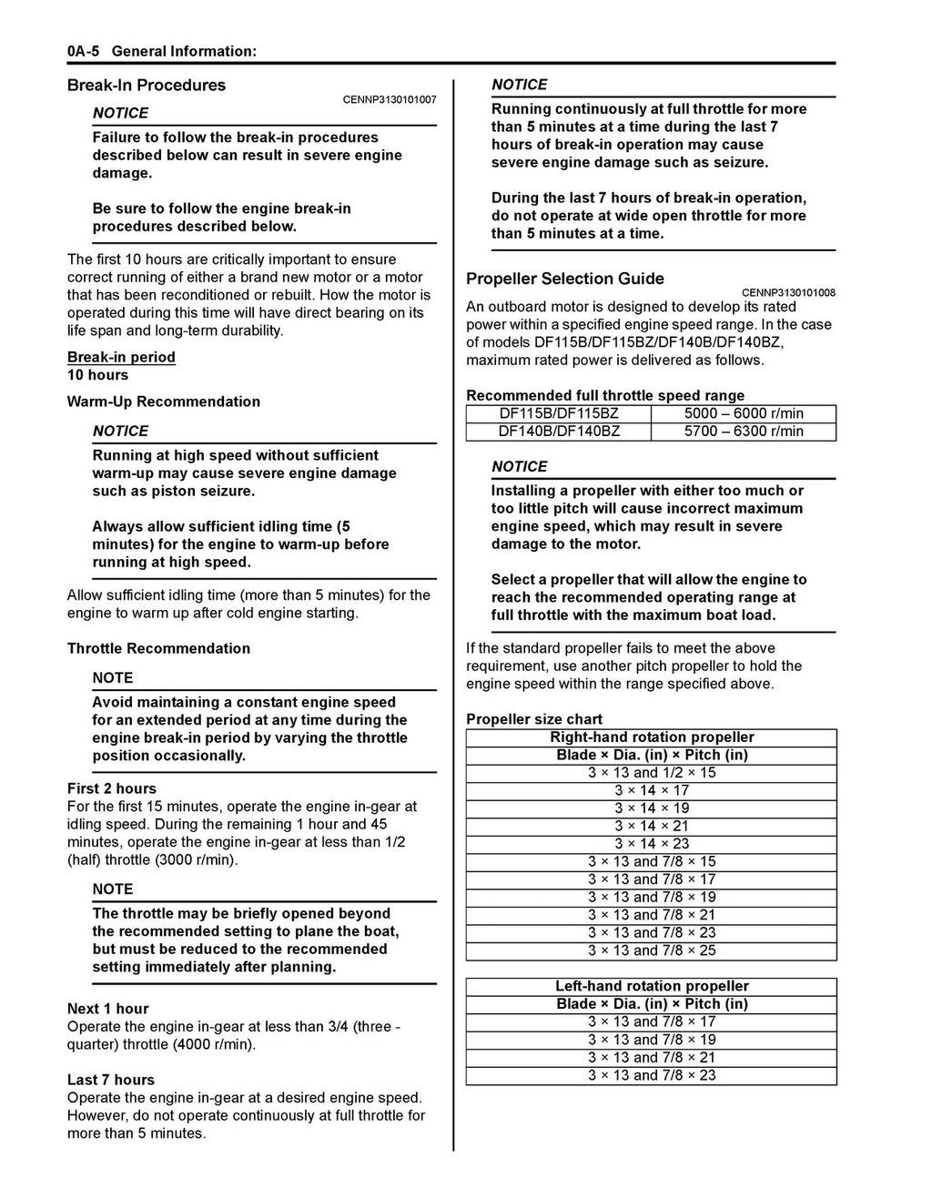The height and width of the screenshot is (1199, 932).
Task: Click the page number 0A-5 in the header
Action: [x=83, y=51]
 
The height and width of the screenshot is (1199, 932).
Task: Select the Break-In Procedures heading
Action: [x=147, y=86]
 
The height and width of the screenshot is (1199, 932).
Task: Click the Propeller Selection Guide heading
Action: [x=565, y=279]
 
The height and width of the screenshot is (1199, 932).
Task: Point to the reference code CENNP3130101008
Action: [x=788, y=292]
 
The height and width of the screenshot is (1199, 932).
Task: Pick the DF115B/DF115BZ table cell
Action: [x=559, y=413]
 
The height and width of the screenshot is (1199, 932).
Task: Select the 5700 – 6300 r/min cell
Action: [x=744, y=432]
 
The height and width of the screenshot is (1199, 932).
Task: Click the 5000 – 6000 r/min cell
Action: [x=744, y=413]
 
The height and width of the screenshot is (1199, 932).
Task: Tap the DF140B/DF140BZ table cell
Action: [x=559, y=432]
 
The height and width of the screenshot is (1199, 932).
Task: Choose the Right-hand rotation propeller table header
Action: [x=652, y=737]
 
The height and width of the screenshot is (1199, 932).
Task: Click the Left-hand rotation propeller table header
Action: [x=652, y=986]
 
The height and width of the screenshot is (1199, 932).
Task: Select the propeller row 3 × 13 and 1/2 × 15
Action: [x=652, y=773]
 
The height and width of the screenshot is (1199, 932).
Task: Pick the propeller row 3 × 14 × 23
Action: [x=652, y=844]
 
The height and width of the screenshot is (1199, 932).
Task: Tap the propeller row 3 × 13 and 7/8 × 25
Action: [x=652, y=950]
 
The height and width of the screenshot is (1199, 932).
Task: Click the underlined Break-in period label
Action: [x=121, y=357]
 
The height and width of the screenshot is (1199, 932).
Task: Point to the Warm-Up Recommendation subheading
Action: [x=164, y=401]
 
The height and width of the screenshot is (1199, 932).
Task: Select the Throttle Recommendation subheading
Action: [x=158, y=648]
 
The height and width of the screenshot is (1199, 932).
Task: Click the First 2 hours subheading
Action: [x=112, y=788]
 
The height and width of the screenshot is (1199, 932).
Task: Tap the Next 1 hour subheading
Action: [x=108, y=1009]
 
